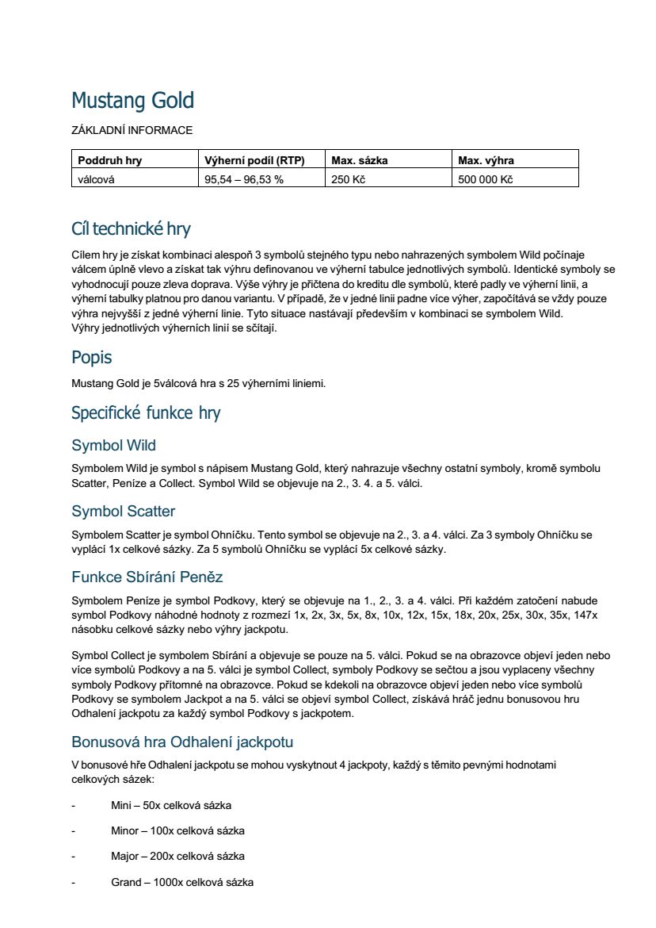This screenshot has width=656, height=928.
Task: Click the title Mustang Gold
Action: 132,102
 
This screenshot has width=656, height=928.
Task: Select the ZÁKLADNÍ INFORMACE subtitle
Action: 132,130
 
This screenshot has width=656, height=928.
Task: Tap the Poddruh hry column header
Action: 110,160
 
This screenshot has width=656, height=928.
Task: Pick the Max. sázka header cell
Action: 360,160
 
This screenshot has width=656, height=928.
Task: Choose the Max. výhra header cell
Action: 486,160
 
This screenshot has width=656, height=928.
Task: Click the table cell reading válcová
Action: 97,179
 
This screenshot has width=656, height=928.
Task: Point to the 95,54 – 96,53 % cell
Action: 244,179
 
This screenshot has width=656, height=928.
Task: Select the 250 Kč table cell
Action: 349,179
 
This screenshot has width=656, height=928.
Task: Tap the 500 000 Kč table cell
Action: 486,179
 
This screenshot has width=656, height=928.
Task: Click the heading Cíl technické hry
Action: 131,229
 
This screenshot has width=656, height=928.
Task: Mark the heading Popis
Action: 91,357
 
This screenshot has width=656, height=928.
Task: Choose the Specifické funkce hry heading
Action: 146,413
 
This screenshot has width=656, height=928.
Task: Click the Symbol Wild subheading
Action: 113,445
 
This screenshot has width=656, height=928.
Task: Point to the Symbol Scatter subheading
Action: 123,511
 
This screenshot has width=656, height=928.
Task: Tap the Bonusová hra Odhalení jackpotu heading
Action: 182,742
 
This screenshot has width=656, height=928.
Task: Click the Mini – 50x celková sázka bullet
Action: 171,805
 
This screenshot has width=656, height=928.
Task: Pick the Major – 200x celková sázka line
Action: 177,856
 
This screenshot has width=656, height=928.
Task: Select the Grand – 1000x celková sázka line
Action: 182,882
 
